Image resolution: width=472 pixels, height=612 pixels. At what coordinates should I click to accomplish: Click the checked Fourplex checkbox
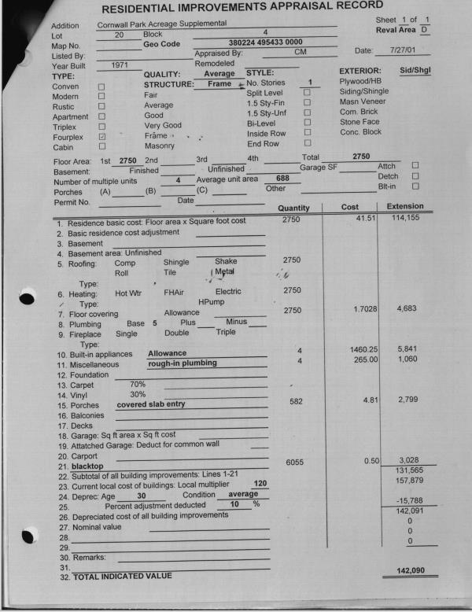[x=101, y=136]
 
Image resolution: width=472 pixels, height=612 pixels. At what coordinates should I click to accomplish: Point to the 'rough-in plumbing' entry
[x=181, y=363]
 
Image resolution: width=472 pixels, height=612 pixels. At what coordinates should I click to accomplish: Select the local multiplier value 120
[x=261, y=483]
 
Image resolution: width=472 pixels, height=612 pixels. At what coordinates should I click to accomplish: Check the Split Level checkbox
[x=308, y=93]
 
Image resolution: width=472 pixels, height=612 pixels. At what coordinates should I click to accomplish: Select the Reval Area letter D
[x=424, y=29]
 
